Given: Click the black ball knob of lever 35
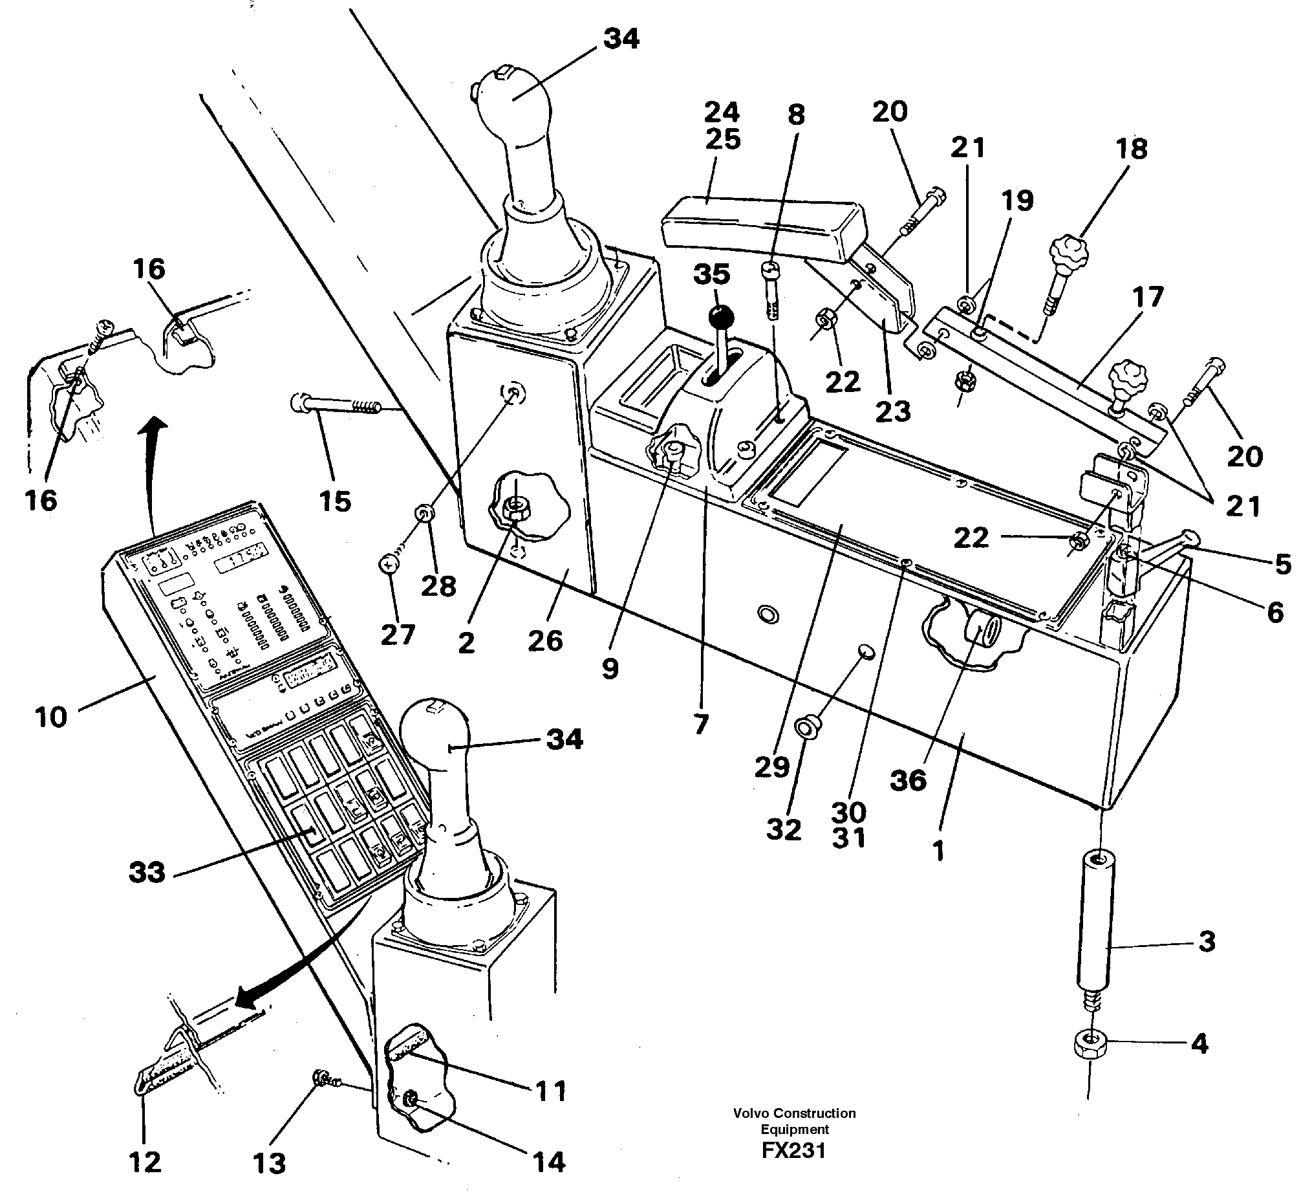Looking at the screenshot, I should [721, 318].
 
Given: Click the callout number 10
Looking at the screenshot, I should [51, 717].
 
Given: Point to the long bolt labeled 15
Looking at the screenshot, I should [338, 406].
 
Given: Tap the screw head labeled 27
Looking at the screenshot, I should [389, 565].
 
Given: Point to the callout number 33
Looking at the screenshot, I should [147, 872].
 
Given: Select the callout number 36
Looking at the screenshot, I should [908, 780].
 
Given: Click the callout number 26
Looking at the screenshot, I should [544, 640].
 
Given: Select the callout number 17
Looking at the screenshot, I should [1148, 298].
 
